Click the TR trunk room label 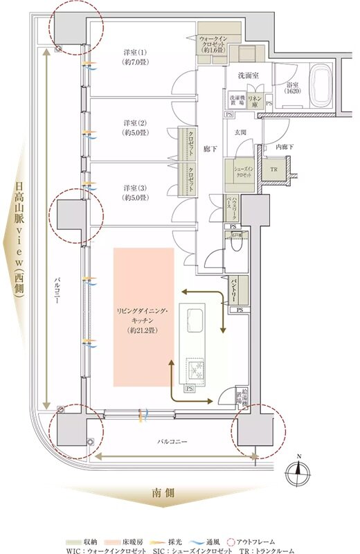273,170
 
